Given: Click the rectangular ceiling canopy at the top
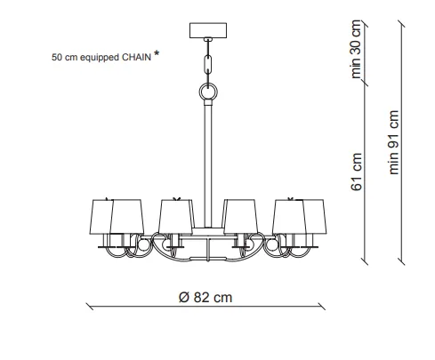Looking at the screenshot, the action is pyautogui.click(x=208, y=30).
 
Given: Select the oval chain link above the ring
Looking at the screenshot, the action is pyautogui.click(x=208, y=63).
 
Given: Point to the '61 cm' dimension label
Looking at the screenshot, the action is pyautogui.click(x=356, y=172).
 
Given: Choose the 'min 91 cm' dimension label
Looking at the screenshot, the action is pyautogui.click(x=393, y=142).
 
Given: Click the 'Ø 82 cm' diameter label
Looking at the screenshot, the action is pyautogui.click(x=205, y=297).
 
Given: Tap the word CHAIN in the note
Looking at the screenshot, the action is pyautogui.click(x=137, y=57).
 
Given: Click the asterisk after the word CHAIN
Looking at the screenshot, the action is pyautogui.click(x=157, y=53).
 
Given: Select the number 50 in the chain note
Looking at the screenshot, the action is pyautogui.click(x=57, y=57).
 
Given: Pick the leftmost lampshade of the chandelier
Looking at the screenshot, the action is pyautogui.click(x=101, y=217).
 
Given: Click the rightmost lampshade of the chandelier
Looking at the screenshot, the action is pyautogui.click(x=315, y=217).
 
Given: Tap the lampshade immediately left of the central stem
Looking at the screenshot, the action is pyautogui.click(x=175, y=217).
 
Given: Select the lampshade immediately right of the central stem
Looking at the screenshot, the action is pyautogui.click(x=240, y=217).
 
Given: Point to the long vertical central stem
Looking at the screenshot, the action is pyautogui.click(x=208, y=164).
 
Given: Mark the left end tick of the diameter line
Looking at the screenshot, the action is pyautogui.click(x=90, y=307).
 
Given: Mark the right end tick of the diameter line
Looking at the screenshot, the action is pyautogui.click(x=321, y=307).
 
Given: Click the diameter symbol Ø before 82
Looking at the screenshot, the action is pyautogui.click(x=184, y=297).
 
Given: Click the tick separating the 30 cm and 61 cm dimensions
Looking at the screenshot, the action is pyautogui.click(x=365, y=83).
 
